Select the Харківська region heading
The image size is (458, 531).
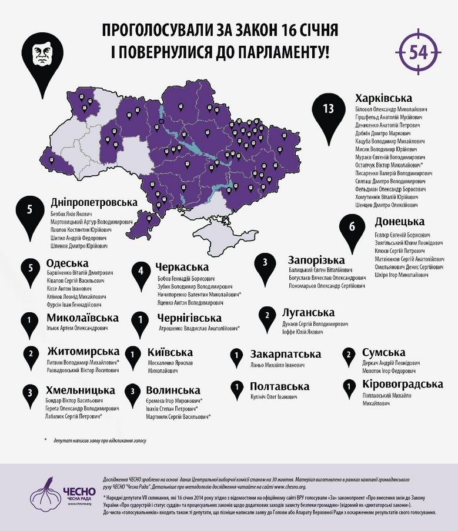tap(384, 98)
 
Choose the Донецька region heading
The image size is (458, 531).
tap(399, 222)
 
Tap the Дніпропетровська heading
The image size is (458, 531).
tap(94, 202)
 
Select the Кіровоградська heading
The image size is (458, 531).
tap(402, 384)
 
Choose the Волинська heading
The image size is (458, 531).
tap(176, 390)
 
